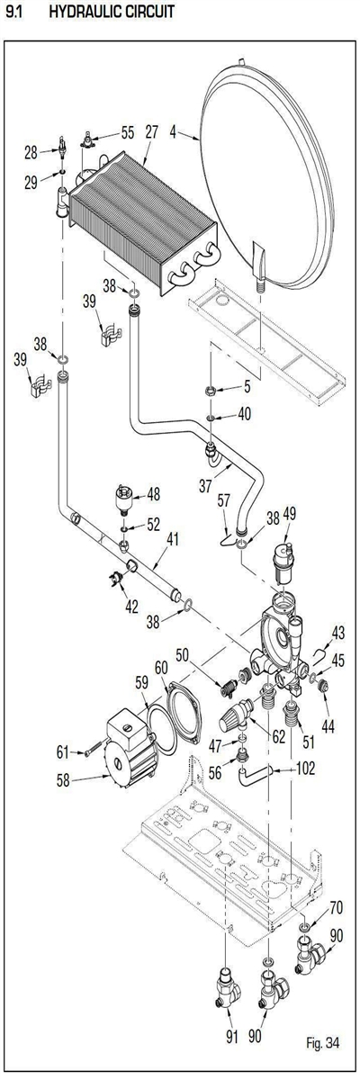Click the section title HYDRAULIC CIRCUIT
pos(112,12)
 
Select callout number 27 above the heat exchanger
pos(152,132)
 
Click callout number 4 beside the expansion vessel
pos(174,132)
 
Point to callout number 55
pos(128,132)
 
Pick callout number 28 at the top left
pos(31,153)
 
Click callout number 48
pos(154,495)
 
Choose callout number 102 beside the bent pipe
pos(304,768)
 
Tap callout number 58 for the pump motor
pos(63,780)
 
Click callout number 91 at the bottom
pos(232,1037)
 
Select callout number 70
pos(336,907)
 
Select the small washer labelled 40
pos(211,416)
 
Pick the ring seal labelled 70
pos(304,927)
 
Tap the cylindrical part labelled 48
pos(124,499)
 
